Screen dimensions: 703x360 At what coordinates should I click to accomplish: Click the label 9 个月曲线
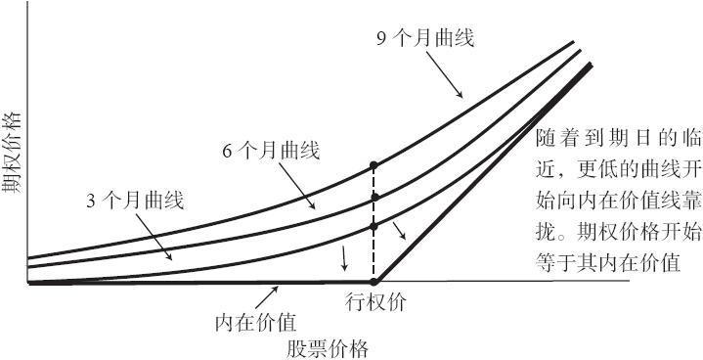[425, 39]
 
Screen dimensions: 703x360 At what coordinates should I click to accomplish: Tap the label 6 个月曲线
[271, 152]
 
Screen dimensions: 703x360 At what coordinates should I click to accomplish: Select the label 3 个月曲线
[135, 202]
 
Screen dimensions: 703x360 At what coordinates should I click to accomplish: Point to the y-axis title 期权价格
[12, 154]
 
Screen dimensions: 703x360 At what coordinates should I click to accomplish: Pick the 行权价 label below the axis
[375, 302]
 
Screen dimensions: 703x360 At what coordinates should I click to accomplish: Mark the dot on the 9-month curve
[373, 165]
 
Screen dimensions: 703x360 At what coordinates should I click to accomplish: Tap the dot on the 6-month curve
[374, 197]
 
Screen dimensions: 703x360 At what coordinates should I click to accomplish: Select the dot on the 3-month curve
[373, 227]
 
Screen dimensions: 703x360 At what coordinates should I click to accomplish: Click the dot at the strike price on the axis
[373, 282]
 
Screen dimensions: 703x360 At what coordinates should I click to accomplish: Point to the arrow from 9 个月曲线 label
[444, 74]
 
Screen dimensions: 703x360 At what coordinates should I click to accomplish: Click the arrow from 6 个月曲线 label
[296, 186]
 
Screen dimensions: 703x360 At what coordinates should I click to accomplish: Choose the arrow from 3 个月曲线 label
[154, 237]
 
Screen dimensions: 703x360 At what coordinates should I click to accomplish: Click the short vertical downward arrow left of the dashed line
[344, 258]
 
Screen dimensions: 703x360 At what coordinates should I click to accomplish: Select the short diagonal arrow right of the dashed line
[400, 231]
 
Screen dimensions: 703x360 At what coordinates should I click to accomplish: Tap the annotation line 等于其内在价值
[608, 263]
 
